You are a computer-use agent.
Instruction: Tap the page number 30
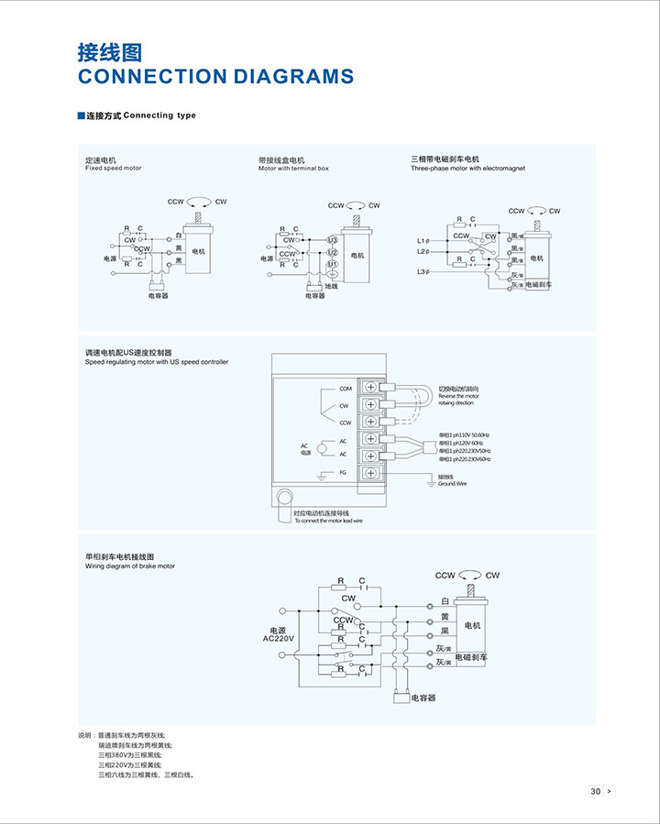(x=595, y=791)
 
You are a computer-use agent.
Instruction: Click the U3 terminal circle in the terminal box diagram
(x=333, y=240)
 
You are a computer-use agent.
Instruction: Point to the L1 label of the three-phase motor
(x=422, y=241)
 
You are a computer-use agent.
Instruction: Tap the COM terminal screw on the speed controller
(x=371, y=387)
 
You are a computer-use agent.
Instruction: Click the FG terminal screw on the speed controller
(x=371, y=473)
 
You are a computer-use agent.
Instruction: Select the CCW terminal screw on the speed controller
(x=371, y=422)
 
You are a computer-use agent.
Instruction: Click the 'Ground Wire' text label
(x=453, y=483)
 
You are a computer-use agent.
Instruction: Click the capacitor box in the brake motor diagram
(x=400, y=698)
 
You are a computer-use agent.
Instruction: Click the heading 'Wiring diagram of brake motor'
(x=129, y=566)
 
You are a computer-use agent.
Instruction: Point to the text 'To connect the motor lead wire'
(x=328, y=521)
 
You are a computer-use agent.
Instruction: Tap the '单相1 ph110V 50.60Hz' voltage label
(x=464, y=434)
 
